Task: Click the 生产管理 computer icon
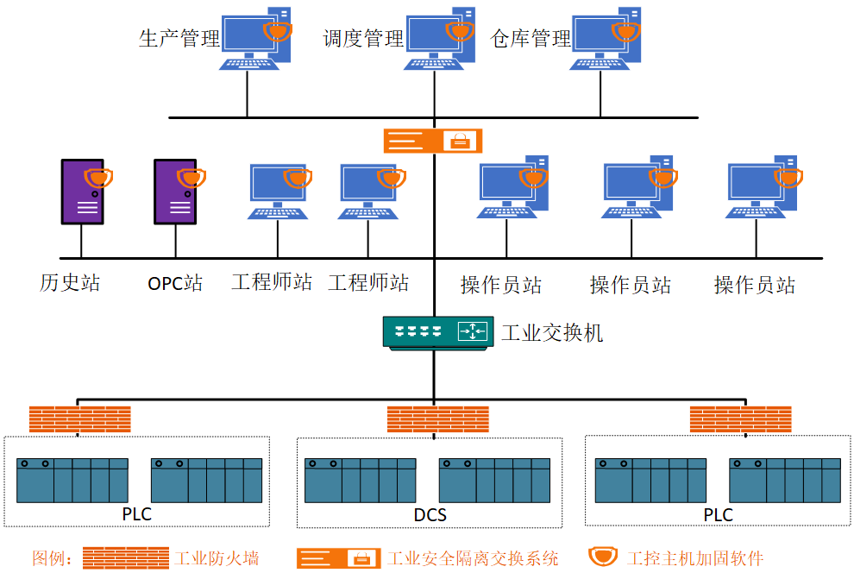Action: pyautogui.click(x=254, y=39)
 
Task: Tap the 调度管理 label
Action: pyautogui.click(x=363, y=39)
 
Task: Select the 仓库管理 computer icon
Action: pyautogui.click(x=605, y=39)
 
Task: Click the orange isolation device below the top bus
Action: pyautogui.click(x=433, y=141)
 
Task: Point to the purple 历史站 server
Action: pyautogui.click(x=83, y=192)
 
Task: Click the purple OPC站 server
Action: pyautogui.click(x=175, y=192)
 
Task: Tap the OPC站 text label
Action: pyautogui.click(x=175, y=283)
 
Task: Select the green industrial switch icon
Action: pyautogui.click(x=438, y=332)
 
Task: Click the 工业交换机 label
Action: pyautogui.click(x=552, y=333)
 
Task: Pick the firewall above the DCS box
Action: pyautogui.click(x=438, y=419)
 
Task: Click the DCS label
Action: pyautogui.click(x=430, y=514)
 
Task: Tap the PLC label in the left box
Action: pyautogui.click(x=136, y=513)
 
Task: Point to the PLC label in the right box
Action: pyautogui.click(x=718, y=514)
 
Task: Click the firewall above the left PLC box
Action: pyautogui.click(x=80, y=419)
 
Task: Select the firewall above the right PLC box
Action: pyautogui.click(x=741, y=419)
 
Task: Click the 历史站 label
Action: pyautogui.click(x=70, y=283)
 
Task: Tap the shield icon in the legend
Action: pyautogui.click(x=603, y=557)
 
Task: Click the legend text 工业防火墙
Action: pyautogui.click(x=217, y=558)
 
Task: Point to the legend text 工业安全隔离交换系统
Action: pyautogui.click(x=473, y=558)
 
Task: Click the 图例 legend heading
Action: pyautogui.click(x=53, y=558)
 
